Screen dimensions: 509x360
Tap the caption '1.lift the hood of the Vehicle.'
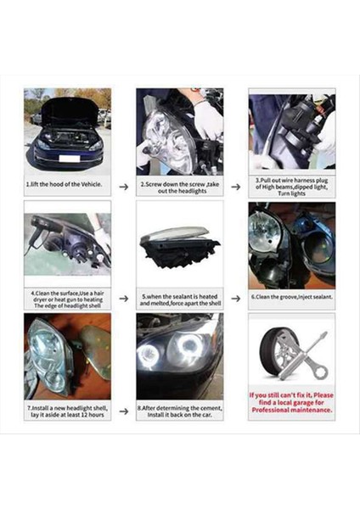[x=66, y=184]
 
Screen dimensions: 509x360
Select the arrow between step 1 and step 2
[x=123, y=186]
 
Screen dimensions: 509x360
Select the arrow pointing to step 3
[x=235, y=186]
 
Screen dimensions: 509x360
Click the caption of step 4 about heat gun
[x=67, y=299]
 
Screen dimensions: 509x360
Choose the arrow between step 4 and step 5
[x=123, y=299]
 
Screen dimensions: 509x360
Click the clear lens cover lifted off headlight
[x=173, y=233]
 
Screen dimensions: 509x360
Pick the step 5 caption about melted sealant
[x=179, y=299]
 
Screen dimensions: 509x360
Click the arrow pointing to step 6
[x=235, y=299]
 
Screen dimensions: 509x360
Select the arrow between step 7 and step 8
[x=123, y=411]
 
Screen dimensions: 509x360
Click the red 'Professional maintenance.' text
[x=291, y=411]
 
